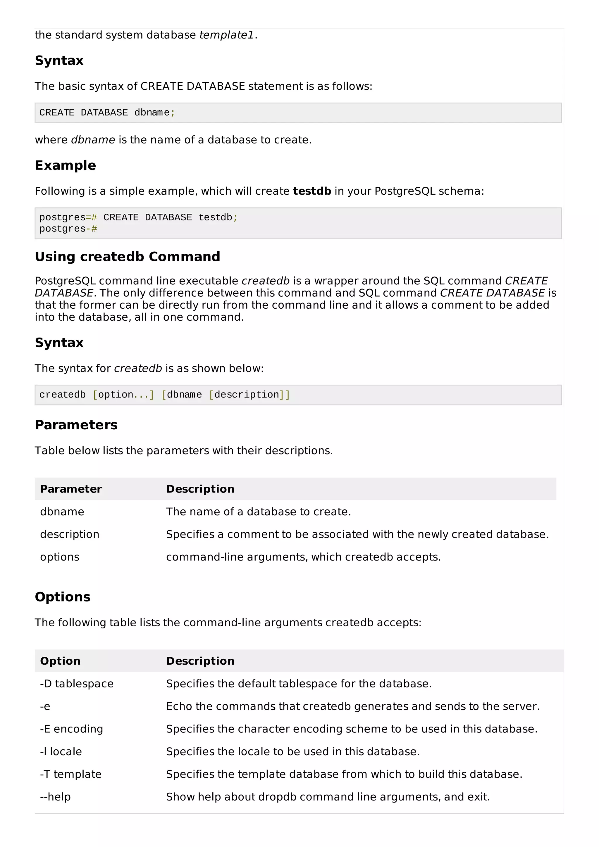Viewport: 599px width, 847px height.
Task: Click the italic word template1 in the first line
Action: pos(226,35)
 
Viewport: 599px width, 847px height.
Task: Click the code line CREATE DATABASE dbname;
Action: pos(107,113)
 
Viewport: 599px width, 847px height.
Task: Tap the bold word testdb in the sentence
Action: pos(312,191)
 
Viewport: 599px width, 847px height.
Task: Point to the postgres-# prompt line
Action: pos(68,229)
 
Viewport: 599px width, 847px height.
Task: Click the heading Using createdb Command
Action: pos(127,256)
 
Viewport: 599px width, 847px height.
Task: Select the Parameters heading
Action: pos(76,425)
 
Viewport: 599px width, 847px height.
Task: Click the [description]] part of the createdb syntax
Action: pos(249,395)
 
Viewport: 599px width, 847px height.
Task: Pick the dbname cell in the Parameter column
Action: pos(62,512)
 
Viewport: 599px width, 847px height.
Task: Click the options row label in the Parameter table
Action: pos(60,557)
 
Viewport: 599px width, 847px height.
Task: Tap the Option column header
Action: pos(60,661)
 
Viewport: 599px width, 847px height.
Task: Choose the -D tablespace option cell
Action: pos(77,684)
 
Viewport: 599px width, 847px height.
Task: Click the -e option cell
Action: pos(45,706)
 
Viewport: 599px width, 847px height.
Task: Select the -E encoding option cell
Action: pos(72,729)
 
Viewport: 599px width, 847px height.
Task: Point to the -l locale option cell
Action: pos(61,751)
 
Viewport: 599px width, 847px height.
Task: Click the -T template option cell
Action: pos(70,774)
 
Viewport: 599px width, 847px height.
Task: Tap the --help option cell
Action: pos(55,796)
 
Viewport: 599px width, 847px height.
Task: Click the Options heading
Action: pos(62,597)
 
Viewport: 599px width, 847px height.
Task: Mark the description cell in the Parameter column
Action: pos(70,534)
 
